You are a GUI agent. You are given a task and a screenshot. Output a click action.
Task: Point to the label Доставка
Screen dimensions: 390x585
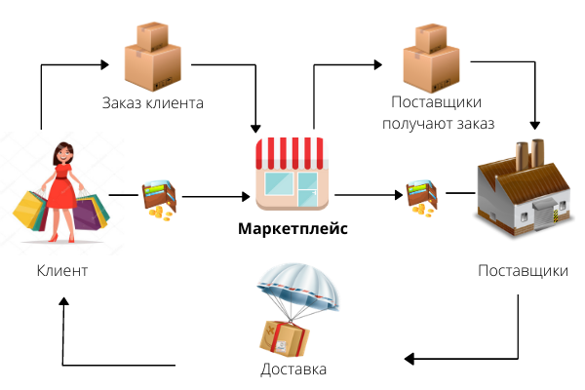click(293, 370)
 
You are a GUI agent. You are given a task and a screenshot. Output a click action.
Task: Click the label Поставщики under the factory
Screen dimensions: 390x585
click(524, 270)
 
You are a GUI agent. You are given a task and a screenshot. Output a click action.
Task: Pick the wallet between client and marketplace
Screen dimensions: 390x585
click(158, 198)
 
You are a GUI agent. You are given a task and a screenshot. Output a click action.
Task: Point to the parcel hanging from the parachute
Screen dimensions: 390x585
click(284, 337)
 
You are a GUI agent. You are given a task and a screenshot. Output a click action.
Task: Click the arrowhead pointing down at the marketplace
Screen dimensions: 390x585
click(256, 128)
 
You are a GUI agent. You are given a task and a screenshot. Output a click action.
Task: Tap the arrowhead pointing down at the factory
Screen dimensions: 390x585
click(534, 126)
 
